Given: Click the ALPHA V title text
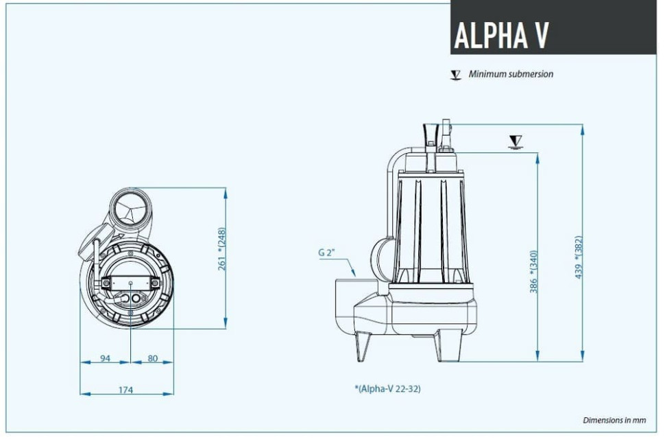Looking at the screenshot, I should click(x=501, y=34).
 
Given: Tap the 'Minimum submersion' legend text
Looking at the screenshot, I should click(x=511, y=74).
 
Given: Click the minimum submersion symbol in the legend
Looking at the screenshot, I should click(x=456, y=75).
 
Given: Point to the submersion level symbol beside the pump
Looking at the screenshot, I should click(x=516, y=142).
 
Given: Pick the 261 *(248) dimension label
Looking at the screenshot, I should click(x=221, y=248).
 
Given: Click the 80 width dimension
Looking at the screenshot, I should click(x=152, y=358).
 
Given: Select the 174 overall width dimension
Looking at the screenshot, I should click(x=125, y=390).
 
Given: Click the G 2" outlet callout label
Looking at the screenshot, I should click(x=326, y=253).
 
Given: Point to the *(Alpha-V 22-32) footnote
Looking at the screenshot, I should click(x=388, y=388).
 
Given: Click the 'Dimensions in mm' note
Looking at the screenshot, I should click(x=614, y=420).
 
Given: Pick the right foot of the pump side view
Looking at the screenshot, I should click(x=442, y=346).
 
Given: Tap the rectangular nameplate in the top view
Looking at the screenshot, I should click(x=130, y=282).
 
